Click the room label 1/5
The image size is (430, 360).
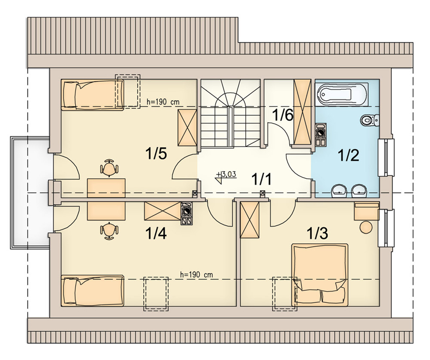coord(156,154)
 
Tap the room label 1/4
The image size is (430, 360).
coord(156,233)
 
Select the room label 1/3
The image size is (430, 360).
coord(317,233)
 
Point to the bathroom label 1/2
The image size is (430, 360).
coord(349,156)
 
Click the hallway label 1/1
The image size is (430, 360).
coord(262,180)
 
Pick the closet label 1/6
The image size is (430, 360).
coord(283,115)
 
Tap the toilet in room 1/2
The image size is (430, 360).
coord(370,120)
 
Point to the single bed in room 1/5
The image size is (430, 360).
coord(92,95)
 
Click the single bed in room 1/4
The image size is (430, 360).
coord(92,290)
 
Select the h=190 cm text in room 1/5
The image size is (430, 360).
coord(163,102)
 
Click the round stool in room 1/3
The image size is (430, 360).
coord(366,228)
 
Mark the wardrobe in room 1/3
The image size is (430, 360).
coord(250,220)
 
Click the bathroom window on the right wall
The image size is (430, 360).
coord(386,157)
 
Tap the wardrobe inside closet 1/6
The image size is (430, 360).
coord(302,112)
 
